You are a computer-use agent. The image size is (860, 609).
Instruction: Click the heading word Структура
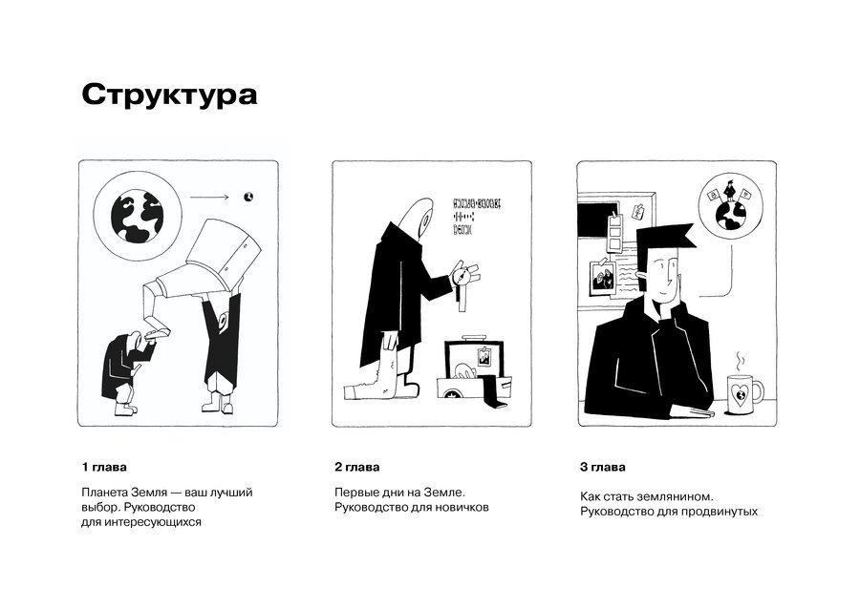(169, 94)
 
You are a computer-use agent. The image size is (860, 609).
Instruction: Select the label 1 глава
(104, 467)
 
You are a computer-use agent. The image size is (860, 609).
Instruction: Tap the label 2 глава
(357, 467)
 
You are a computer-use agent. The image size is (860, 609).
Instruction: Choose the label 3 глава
(603, 467)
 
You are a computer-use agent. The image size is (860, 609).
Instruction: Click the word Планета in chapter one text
(105, 492)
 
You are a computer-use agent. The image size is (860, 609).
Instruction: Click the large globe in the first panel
(137, 216)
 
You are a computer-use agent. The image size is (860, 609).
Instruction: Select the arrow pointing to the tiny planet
(209, 198)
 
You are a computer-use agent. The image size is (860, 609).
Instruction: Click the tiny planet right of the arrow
(249, 197)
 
